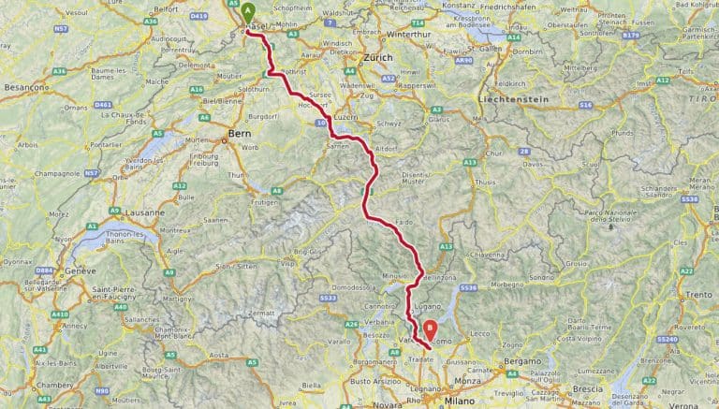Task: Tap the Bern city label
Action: (x=237, y=134)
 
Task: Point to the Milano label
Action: (x=460, y=401)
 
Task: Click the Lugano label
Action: (x=429, y=306)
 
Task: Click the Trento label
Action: (x=698, y=296)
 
